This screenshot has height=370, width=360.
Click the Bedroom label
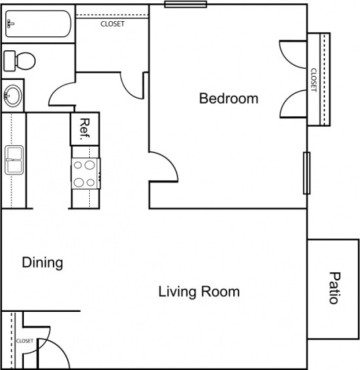[x=229, y=98]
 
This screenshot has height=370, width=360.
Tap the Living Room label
[x=199, y=291]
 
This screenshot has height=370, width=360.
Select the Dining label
[x=43, y=262]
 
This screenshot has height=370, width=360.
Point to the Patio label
[x=334, y=287]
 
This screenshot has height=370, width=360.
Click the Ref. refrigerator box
[x=85, y=128]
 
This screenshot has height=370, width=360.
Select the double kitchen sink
[x=14, y=160]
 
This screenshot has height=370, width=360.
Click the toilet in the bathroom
[x=19, y=61]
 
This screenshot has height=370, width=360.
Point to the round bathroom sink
[x=13, y=96]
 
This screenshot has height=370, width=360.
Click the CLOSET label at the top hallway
[x=112, y=24]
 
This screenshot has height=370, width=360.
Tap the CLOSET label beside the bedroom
[x=314, y=80]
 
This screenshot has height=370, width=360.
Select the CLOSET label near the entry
[x=25, y=341]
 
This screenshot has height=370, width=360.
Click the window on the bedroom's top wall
[x=186, y=4]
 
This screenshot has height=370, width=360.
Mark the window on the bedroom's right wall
[x=306, y=173]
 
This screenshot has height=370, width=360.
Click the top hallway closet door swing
[x=132, y=85]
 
